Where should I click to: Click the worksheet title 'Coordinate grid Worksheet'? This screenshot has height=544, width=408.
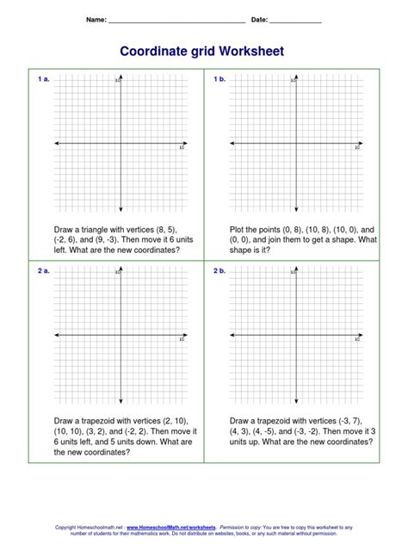pyautogui.click(x=204, y=53)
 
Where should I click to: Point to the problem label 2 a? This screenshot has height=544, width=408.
pyautogui.click(x=43, y=271)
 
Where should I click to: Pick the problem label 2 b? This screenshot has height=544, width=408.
pyautogui.click(x=219, y=271)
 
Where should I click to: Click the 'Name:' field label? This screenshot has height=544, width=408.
pyautogui.click(x=96, y=19)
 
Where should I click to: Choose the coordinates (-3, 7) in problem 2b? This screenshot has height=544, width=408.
pyautogui.click(x=360, y=422)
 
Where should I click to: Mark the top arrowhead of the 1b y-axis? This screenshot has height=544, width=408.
pyautogui.click(x=296, y=81)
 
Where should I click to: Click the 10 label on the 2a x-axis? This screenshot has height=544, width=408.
pyautogui.click(x=182, y=340)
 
